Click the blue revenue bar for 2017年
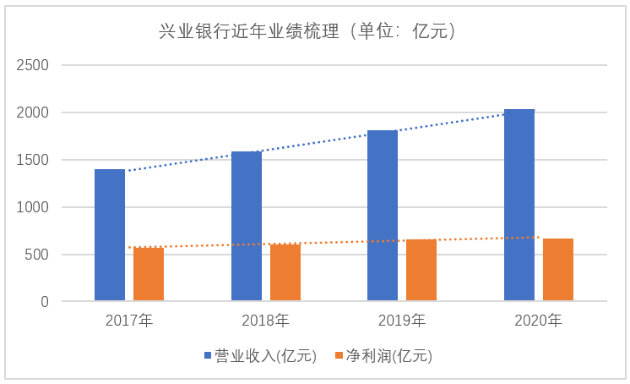(110, 235)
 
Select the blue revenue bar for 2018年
(246, 226)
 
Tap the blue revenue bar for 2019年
(383, 216)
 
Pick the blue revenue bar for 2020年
(519, 205)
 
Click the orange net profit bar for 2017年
(149, 274)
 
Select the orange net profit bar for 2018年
(285, 272)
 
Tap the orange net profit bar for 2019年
(421, 270)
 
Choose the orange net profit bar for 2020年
(558, 270)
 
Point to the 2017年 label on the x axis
(129, 321)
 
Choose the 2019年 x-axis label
(402, 321)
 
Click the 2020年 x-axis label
(539, 321)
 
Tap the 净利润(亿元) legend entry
(383, 356)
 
